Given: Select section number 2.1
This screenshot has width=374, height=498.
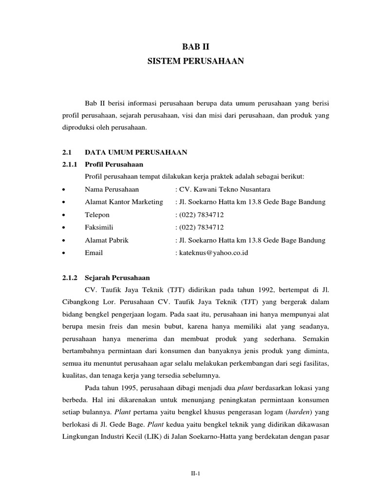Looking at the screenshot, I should click(67, 153).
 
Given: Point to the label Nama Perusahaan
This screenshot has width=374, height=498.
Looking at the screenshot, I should click(112, 189).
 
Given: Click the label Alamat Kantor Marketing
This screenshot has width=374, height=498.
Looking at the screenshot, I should click(124, 202).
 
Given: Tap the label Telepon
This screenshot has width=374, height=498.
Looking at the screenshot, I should click(97, 215).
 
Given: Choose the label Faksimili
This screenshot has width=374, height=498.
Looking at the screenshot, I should click(100, 228).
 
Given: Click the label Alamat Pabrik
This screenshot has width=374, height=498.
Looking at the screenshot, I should click(107, 240).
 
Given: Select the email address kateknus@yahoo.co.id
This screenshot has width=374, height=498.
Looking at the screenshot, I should click(213, 253).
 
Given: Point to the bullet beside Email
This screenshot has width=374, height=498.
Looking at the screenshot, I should click(64, 253).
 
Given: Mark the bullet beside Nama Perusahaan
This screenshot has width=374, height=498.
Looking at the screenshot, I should click(64, 190).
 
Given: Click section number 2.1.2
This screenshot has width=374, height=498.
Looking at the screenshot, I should click(70, 265).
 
